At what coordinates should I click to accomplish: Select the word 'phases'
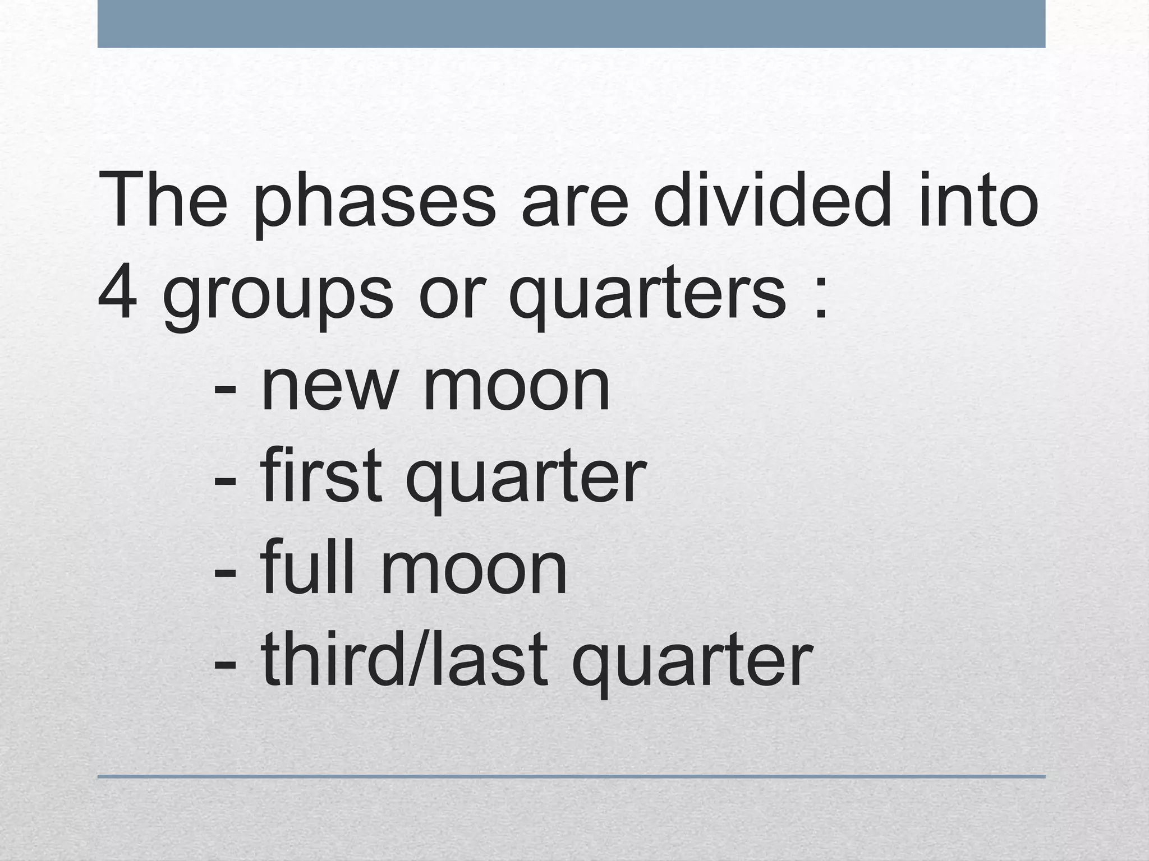(x=374, y=205)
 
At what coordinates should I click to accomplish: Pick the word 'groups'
(x=278, y=300)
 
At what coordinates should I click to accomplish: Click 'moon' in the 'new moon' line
(x=516, y=387)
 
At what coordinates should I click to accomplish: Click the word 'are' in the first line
(x=574, y=205)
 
